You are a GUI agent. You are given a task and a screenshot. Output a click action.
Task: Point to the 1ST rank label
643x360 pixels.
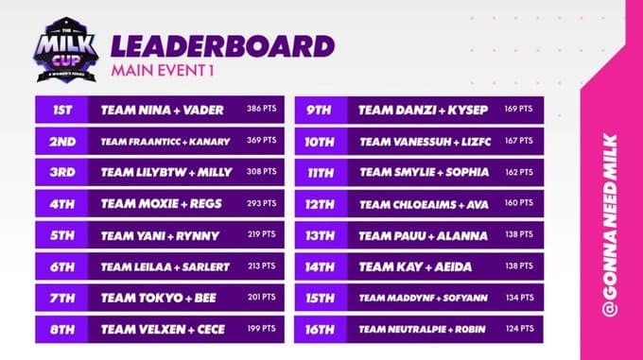(x=61, y=111)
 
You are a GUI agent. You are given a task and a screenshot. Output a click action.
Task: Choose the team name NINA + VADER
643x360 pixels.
(x=162, y=111)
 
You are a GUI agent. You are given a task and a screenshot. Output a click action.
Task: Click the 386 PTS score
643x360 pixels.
(x=262, y=111)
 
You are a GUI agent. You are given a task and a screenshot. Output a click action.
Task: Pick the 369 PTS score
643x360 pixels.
(x=262, y=142)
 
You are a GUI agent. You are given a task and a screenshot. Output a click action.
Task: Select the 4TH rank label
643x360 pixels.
(x=61, y=204)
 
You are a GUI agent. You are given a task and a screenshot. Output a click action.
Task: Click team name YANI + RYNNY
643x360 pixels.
(x=162, y=235)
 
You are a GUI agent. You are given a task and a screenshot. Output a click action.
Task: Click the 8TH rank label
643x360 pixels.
(x=61, y=329)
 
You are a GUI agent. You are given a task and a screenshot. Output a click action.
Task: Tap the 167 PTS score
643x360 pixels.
(x=519, y=142)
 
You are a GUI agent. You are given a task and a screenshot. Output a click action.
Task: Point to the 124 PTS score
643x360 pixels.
(x=519, y=329)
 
